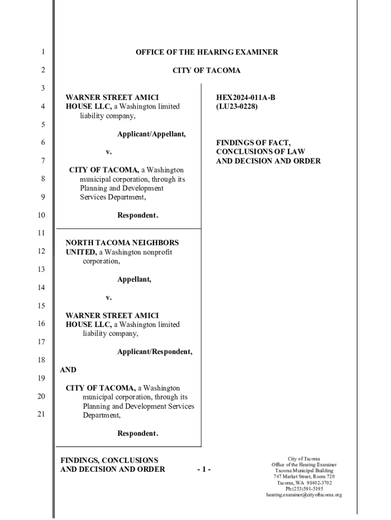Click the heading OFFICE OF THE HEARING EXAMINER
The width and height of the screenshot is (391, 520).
207,52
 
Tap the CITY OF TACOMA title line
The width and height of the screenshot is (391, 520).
207,71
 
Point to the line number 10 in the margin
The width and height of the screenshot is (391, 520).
43,215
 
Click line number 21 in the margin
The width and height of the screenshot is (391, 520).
43,414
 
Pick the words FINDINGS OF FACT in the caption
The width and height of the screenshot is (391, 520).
246,143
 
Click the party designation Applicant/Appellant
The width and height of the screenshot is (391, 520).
151,134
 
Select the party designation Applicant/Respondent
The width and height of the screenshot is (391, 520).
155,351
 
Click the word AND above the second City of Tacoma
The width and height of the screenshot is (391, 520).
68,370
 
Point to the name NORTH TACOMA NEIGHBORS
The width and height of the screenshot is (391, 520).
122,243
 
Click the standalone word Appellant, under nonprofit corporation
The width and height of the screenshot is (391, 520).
134,279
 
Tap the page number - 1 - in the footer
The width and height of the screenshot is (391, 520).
204,469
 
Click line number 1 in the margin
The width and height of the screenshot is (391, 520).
43,52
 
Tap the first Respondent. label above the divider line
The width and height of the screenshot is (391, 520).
138,215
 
